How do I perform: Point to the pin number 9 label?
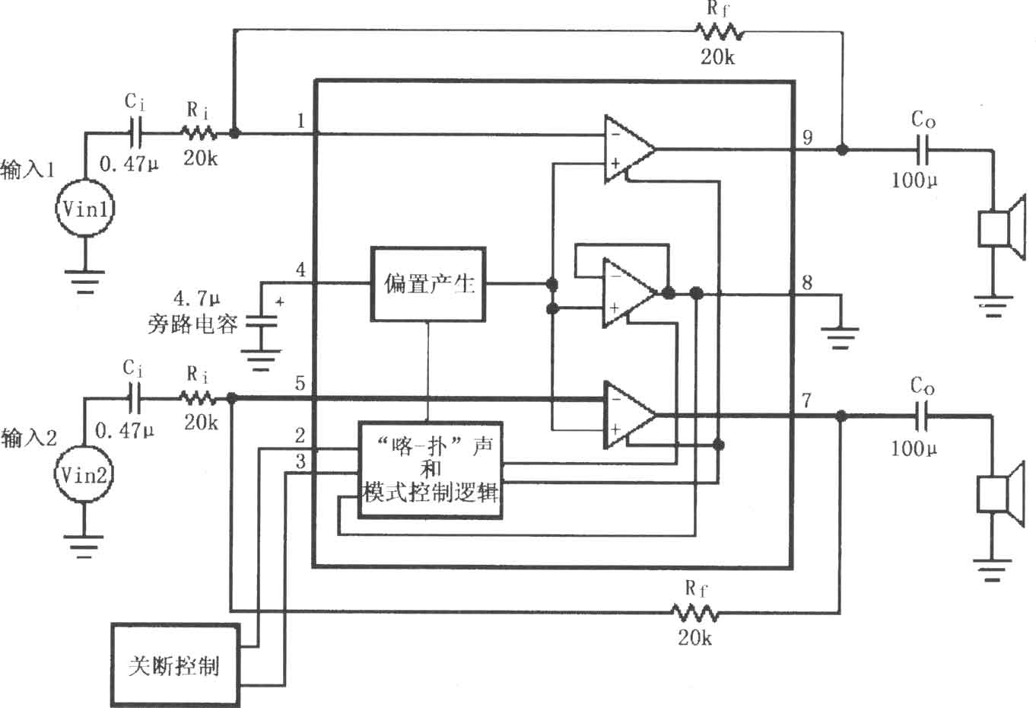pos(808,138)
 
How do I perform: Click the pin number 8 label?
pos(807,282)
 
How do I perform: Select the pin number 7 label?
pos(806,400)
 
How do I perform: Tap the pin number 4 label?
pos(300,269)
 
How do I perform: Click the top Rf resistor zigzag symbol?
pos(720,32)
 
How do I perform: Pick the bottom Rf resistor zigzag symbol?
pos(695,613)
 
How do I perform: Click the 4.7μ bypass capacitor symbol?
pos(262,321)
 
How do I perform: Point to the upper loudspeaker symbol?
pos(1002,227)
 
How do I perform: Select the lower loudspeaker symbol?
pos(1001,494)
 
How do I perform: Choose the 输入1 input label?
pos(27,169)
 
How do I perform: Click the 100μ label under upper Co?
pos(914,180)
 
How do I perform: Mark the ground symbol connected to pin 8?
pos(841,338)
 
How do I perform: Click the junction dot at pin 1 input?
pos(234,133)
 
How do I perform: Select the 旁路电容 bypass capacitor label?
pos(192,324)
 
